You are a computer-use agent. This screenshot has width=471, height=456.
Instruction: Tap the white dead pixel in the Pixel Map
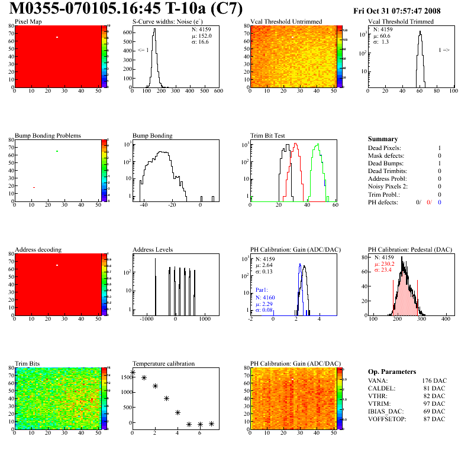pos(57,38)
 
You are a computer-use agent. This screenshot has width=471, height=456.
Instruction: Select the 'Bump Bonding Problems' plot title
pos(48,135)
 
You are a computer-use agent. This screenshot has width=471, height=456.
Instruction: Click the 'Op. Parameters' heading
pos(392,372)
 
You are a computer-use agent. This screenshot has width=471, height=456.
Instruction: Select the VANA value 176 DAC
pos(433,380)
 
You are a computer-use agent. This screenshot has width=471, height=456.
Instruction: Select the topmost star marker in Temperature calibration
pos(133,373)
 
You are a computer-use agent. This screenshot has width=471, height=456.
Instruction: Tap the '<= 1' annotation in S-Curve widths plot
pos(143,50)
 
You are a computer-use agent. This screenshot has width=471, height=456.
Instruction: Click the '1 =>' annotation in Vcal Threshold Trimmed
pos(444,50)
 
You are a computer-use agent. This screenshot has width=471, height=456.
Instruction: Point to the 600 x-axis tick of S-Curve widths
pos(218,92)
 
